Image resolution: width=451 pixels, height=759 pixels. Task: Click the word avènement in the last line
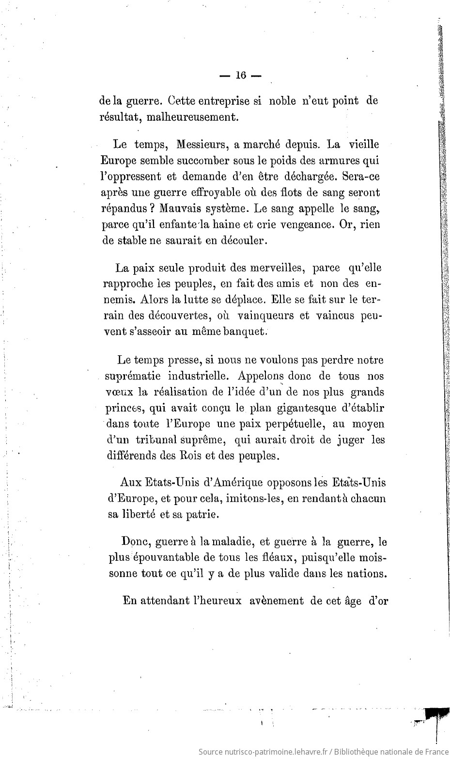tap(277, 601)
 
